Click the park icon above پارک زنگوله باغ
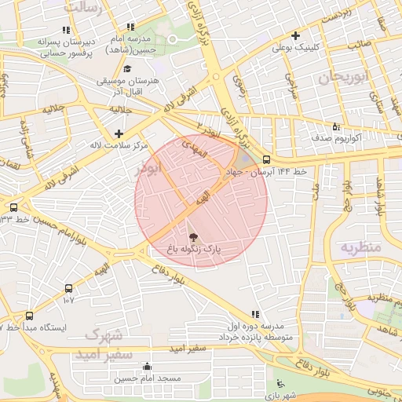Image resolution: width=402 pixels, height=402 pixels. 193,235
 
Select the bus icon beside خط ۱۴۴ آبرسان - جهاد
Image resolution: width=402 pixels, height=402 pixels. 267,159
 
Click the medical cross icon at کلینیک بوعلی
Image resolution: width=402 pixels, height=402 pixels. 295,35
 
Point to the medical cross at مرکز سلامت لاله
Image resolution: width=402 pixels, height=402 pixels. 119,133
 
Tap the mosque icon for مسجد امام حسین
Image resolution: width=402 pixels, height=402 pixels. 147,366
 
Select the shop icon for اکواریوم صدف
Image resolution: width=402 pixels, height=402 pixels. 336,126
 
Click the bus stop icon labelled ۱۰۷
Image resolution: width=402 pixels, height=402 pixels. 69,288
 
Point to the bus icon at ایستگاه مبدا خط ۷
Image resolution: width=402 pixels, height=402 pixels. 29,316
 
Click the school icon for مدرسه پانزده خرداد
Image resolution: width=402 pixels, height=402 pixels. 253,314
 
